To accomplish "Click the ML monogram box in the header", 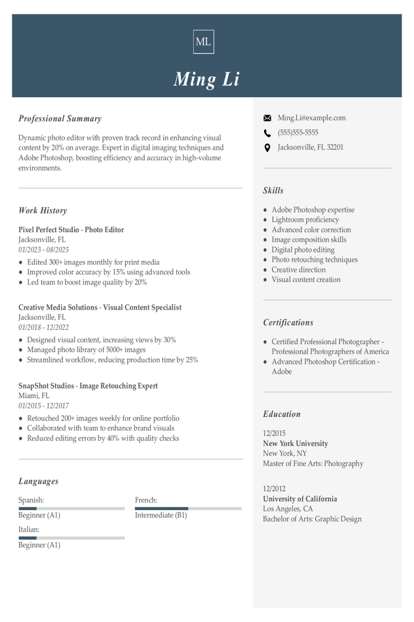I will pos(203,42).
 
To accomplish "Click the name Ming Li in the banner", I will pos(206,79).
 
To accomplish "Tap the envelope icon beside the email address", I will pos(267,118).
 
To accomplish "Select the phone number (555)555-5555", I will pos(298,133).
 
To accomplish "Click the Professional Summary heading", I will pos(60,119).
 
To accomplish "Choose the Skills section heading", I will pos(273,191).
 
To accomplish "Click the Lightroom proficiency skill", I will pos(305,220).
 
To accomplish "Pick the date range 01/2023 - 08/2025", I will pos(44,249).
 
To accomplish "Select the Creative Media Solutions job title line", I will pos(100,308).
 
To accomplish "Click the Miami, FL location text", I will pos(34,396).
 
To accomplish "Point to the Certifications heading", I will pos(288,323).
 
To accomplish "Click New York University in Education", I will pos(295,443).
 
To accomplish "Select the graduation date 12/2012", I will pos(274,489).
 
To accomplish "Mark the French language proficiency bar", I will pos(188,509).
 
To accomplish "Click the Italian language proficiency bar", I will pos(72,538).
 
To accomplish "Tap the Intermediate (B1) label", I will pos(161,515).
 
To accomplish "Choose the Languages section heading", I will pos(38,482).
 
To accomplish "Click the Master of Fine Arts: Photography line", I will pos(313,464).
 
